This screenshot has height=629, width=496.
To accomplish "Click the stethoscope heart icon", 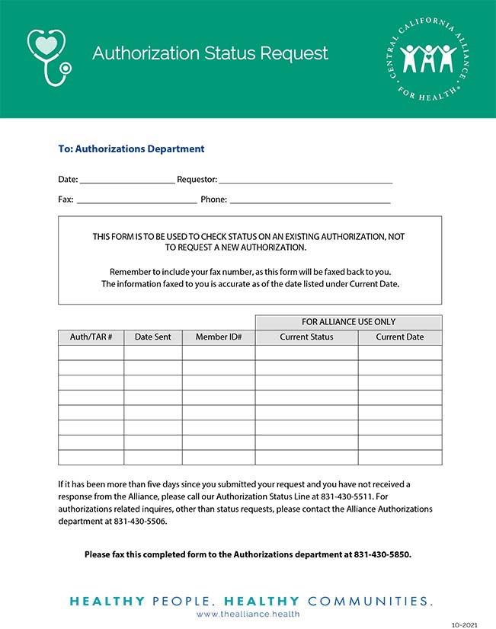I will [48, 56].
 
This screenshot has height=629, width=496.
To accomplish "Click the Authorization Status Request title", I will [210, 53].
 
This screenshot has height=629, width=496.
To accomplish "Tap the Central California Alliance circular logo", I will [427, 59].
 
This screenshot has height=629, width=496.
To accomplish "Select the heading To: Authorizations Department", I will [131, 149].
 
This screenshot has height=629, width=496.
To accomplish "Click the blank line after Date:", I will [126, 180].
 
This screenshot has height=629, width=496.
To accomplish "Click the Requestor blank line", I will [306, 180].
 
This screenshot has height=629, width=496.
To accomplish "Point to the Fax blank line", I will [136, 200].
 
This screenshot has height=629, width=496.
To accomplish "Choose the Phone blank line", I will [310, 200].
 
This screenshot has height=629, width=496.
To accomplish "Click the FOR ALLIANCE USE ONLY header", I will [348, 322].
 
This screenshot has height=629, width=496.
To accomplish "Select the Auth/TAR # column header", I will [91, 337].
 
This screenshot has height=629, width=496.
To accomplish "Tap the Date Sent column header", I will [153, 337].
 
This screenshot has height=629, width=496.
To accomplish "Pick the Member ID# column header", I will [219, 337].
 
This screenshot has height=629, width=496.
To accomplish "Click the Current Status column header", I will [306, 337].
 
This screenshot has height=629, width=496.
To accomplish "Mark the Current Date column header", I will [400, 337].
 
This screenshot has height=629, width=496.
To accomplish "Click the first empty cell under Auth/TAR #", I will [91, 353].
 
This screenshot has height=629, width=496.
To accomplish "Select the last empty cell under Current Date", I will [400, 458].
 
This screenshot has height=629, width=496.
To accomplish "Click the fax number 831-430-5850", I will [382, 554].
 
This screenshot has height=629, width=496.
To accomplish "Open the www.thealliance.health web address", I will [248, 614].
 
